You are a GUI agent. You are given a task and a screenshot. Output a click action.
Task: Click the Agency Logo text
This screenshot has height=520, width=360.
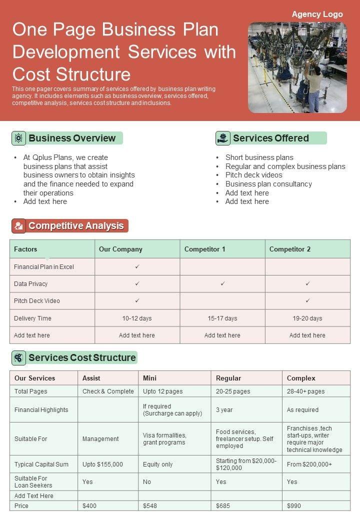[x=317, y=14]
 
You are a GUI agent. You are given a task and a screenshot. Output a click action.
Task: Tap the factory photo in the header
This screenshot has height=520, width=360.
[x=297, y=67]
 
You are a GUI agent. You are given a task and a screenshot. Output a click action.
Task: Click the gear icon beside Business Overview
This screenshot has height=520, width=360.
[x=18, y=138]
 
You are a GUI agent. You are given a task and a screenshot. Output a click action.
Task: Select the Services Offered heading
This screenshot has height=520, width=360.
[x=270, y=138]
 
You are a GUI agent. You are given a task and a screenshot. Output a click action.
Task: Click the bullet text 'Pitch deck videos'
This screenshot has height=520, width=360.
[x=253, y=175]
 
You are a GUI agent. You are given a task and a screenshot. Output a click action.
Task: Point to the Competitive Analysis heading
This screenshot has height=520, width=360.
[x=76, y=226]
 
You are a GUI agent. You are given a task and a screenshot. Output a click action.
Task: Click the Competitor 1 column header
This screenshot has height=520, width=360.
[x=204, y=249]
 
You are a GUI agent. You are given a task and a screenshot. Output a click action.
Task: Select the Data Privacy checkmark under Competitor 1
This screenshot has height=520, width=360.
[x=222, y=283]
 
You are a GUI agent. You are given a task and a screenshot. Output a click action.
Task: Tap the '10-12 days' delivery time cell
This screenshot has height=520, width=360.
[x=137, y=318]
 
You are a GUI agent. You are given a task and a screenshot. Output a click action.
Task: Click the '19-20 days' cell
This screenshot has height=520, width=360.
[x=307, y=318]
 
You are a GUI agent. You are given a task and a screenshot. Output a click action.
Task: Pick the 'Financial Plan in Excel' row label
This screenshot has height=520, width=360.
[x=44, y=267]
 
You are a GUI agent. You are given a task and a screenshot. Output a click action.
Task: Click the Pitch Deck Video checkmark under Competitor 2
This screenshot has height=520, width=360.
[x=307, y=300]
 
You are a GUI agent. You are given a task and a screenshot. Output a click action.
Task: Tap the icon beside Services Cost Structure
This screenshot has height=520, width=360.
[x=18, y=357]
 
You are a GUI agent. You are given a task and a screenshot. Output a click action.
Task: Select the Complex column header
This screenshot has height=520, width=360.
[x=301, y=378]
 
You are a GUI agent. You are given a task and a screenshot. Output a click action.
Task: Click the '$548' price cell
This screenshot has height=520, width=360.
[x=150, y=505]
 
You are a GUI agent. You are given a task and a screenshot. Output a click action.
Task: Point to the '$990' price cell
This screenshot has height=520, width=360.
[x=294, y=505]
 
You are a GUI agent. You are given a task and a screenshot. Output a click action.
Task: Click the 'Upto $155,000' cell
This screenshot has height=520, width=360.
[x=102, y=464]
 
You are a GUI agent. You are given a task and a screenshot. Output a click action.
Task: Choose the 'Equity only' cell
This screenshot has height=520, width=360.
[x=157, y=464]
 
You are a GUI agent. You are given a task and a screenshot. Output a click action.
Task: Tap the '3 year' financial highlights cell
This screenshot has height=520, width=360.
[x=224, y=409]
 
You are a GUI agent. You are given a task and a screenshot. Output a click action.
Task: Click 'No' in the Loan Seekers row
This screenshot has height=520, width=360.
[x=147, y=481]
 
